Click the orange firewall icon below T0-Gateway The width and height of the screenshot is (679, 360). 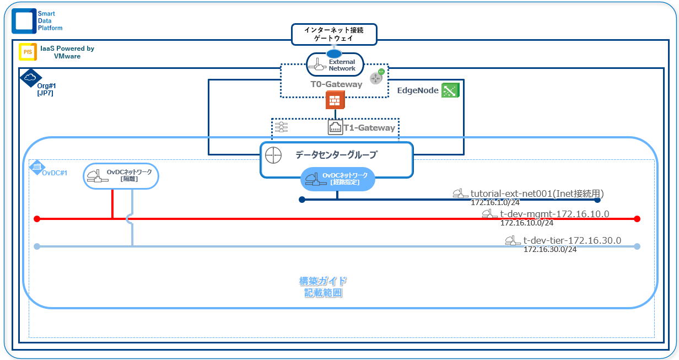click(x=335, y=101)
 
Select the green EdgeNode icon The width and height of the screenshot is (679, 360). click(x=450, y=90)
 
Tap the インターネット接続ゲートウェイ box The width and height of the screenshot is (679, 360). click(x=334, y=34)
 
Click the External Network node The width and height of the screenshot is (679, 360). click(x=335, y=65)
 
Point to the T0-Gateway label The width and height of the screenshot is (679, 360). click(x=336, y=84)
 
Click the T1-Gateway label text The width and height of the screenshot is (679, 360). click(x=369, y=128)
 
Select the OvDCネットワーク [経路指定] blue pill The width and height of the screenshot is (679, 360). click(x=337, y=179)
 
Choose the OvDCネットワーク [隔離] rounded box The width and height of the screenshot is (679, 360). click(x=121, y=176)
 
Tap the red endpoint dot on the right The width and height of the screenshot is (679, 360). click(x=637, y=219)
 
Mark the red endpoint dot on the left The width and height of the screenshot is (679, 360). click(x=37, y=219)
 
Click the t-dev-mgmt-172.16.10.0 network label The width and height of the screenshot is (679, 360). click(x=554, y=214)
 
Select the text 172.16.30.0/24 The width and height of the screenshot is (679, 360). click(x=549, y=249)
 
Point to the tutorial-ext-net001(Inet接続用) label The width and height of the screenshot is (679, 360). click(x=537, y=194)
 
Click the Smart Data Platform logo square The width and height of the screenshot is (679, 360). click(x=24, y=20)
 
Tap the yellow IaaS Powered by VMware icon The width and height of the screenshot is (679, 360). click(x=28, y=52)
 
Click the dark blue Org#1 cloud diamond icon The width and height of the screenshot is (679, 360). click(x=30, y=77)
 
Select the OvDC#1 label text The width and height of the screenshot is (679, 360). click(x=55, y=173)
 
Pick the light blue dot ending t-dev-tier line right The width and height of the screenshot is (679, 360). click(x=637, y=246)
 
